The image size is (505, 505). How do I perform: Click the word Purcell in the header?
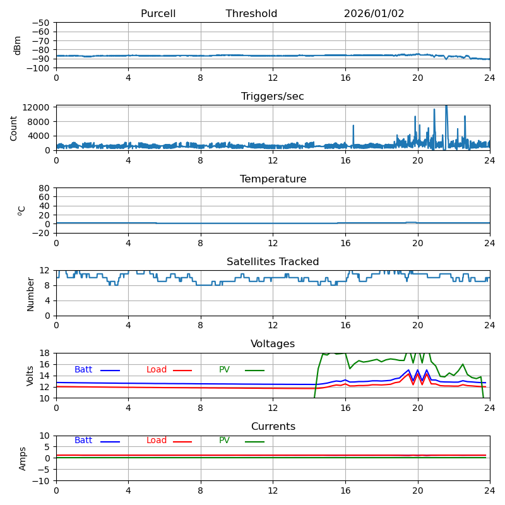[158, 14]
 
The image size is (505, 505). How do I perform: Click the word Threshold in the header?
[251, 14]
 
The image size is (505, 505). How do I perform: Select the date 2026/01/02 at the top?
[374, 14]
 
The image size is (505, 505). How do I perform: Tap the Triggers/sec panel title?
[273, 97]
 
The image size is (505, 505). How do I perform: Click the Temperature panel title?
[273, 179]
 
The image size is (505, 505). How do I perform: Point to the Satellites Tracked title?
[273, 262]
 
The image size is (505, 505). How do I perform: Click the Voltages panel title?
[273, 344]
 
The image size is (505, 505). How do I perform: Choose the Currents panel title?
[273, 427]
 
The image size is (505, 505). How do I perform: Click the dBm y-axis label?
[18, 45]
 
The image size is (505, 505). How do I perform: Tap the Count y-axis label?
[14, 128]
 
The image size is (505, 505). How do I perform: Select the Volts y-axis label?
[30, 376]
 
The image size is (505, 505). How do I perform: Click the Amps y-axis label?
[23, 458]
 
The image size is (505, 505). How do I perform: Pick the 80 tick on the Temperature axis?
[45, 188]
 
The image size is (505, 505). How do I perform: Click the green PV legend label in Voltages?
[224, 370]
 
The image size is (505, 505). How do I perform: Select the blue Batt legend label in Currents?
[83, 441]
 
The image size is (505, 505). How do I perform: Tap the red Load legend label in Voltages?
[157, 370]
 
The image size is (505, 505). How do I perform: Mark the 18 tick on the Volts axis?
[45, 353]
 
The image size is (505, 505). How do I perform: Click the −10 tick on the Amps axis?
[40, 481]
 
